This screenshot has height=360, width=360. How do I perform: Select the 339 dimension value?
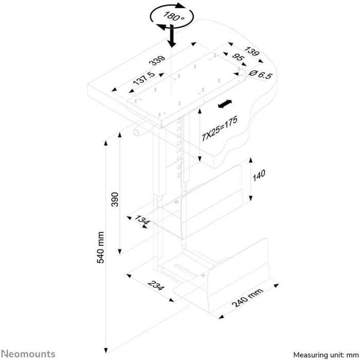tap(157, 60)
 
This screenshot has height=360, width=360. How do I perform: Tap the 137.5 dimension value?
tap(145, 78)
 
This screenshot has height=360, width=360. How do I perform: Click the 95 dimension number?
tap(238, 57)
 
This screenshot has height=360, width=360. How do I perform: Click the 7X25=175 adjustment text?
tap(219, 129)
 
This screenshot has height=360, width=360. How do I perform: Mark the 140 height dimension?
tap(259, 175)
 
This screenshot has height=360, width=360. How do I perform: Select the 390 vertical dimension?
tap(115, 200)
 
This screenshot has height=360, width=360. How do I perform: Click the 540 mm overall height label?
tap(101, 247)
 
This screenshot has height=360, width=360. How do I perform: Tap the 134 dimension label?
tap(142, 220)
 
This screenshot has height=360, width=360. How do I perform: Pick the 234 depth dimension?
tap(156, 285)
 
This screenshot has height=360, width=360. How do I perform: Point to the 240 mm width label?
tap(247, 297)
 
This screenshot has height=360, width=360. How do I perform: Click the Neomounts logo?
tap(28, 354)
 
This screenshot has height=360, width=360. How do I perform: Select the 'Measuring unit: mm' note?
tap(326, 355)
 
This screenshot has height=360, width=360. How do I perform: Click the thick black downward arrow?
tap(172, 35)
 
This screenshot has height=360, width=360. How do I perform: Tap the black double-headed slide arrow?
tap(225, 104)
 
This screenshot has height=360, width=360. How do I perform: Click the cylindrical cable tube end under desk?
tap(137, 132)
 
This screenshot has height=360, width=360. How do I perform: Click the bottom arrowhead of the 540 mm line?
tap(106, 351)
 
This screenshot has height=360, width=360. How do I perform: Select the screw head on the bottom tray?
tap(203, 275)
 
